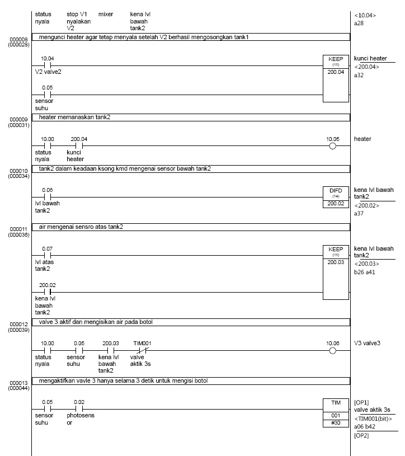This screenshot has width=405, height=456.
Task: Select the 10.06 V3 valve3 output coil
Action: [333, 351]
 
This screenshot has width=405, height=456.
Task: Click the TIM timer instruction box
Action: [336, 413]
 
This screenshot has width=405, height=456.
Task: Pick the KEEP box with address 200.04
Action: [336, 78]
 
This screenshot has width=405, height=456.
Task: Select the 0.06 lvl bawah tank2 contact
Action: [48, 197]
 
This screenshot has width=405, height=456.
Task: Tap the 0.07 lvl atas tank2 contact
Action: [48, 255]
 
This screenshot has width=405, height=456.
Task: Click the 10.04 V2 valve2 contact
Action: [48, 65]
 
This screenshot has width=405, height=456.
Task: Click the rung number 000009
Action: [18, 120]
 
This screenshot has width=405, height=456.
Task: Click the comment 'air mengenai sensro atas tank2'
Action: [82, 227]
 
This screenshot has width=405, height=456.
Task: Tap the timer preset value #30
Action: [336, 424]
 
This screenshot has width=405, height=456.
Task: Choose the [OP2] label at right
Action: [361, 435]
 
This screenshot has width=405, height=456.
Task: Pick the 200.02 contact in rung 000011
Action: [48, 292]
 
